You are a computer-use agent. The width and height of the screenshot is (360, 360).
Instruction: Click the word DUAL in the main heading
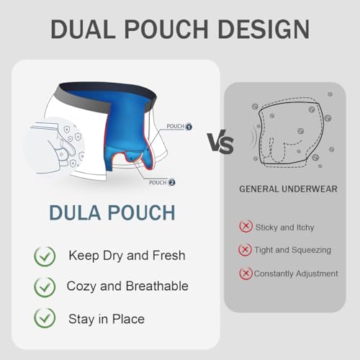(x=83, y=29)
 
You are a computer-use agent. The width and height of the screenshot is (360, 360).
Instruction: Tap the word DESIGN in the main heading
(x=264, y=29)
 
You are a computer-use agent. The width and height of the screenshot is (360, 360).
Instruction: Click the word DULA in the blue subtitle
(x=75, y=212)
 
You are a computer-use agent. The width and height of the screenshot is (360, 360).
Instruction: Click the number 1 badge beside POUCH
(x=189, y=127)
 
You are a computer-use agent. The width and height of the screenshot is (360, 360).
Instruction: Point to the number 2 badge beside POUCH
(x=172, y=183)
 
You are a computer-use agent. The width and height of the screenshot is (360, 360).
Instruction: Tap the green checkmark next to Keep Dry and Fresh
(x=45, y=256)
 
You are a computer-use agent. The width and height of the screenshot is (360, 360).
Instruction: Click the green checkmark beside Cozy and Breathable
(x=45, y=287)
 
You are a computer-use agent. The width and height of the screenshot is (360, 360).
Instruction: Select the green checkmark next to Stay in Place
(x=45, y=318)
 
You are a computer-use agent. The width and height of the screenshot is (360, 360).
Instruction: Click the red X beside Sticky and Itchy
(x=246, y=226)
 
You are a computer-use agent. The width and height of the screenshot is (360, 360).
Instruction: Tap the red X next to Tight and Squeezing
(x=245, y=250)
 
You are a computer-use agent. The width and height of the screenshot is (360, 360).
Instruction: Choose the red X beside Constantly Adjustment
(x=246, y=274)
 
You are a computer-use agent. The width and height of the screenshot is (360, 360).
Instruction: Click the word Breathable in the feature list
(x=157, y=286)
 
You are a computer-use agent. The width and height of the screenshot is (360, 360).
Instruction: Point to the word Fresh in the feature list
(x=168, y=256)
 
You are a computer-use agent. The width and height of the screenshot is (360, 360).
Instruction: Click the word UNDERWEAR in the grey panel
(x=310, y=189)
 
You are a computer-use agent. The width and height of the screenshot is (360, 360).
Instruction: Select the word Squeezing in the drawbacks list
(x=311, y=251)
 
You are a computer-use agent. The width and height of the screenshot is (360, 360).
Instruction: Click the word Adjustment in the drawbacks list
(x=317, y=274)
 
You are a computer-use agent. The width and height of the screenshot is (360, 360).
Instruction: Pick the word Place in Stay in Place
(x=128, y=319)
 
